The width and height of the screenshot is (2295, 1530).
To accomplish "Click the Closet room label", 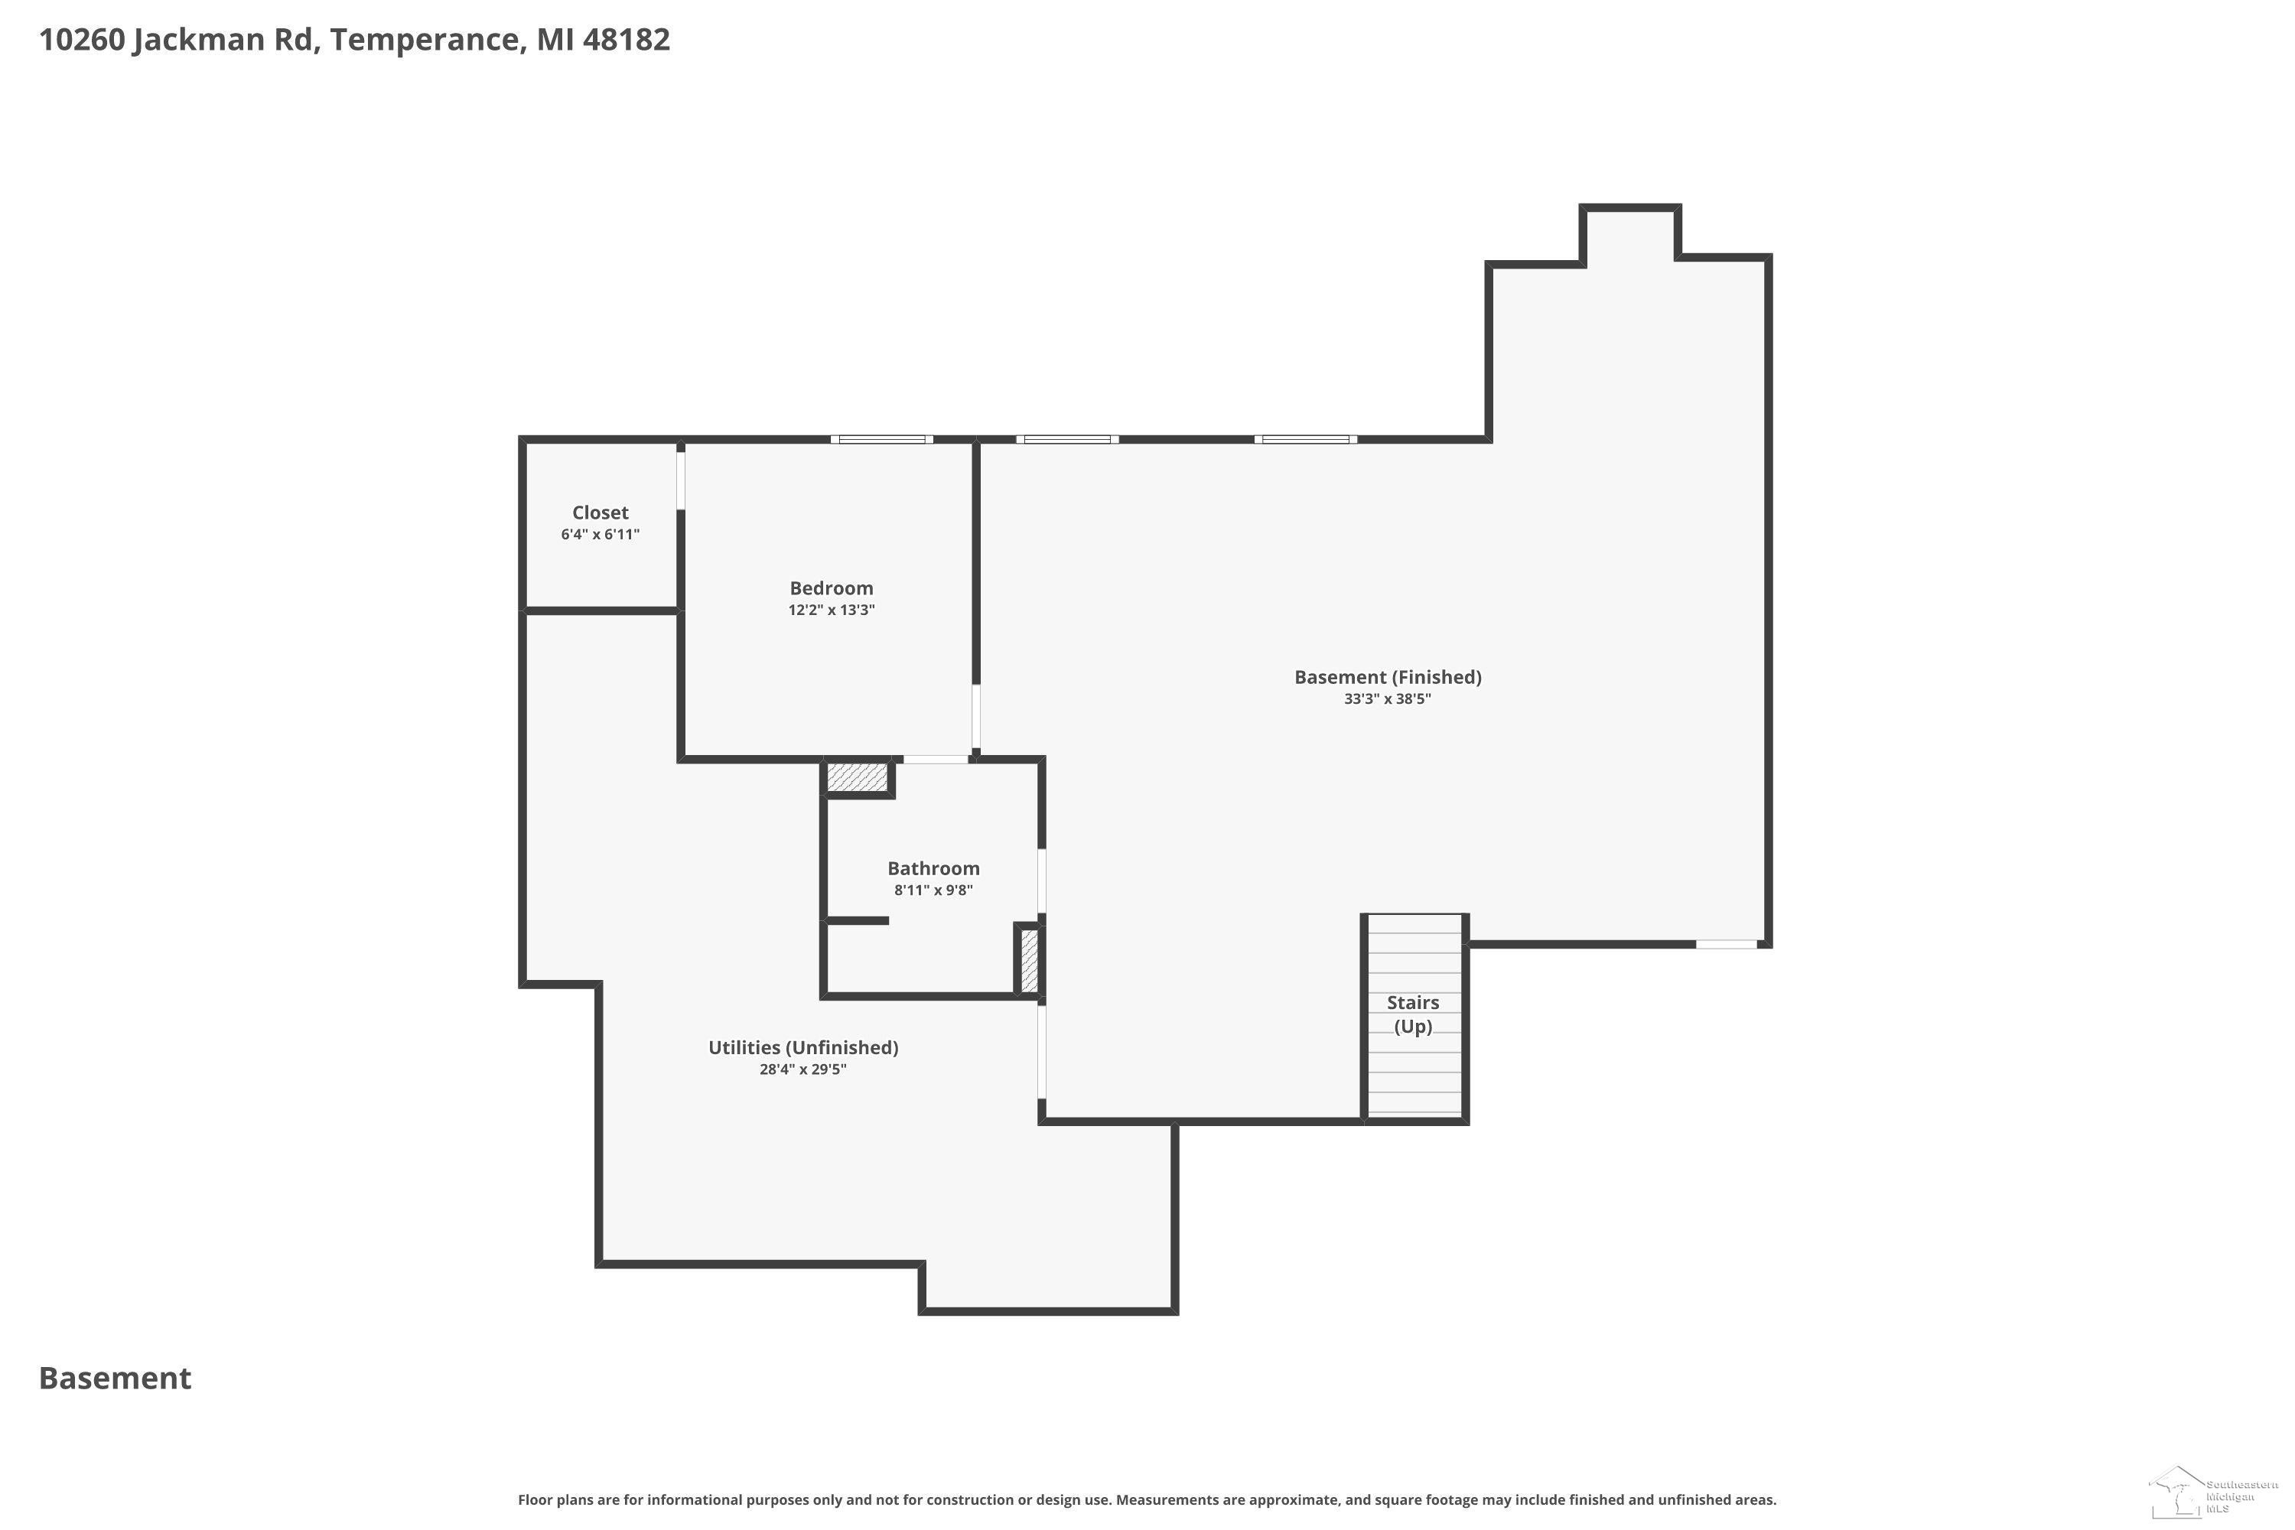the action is (x=600, y=513).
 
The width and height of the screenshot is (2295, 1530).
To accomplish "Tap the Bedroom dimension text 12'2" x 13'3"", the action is (x=832, y=610).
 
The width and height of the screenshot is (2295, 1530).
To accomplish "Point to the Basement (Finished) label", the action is (x=1388, y=677).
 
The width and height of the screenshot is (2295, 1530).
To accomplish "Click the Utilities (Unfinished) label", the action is (x=803, y=1047).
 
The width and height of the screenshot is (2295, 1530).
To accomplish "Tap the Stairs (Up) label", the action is (x=1413, y=1014).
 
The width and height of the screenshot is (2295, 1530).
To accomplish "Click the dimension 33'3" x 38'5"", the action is (x=1388, y=698).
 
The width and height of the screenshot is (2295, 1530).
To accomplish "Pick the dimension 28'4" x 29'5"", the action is (x=803, y=1069).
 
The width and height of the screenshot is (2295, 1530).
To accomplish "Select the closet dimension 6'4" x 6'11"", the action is (x=600, y=534).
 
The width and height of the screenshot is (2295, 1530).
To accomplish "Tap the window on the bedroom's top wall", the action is (x=882, y=439).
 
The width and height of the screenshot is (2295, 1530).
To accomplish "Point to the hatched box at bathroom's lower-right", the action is (x=1028, y=961).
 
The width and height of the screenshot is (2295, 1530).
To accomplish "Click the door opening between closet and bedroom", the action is (x=681, y=478).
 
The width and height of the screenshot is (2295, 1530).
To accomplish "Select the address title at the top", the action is (x=354, y=40).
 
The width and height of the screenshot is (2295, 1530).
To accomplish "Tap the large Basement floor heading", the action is (x=116, y=1378).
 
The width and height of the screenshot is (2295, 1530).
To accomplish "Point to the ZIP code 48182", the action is (x=627, y=40).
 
